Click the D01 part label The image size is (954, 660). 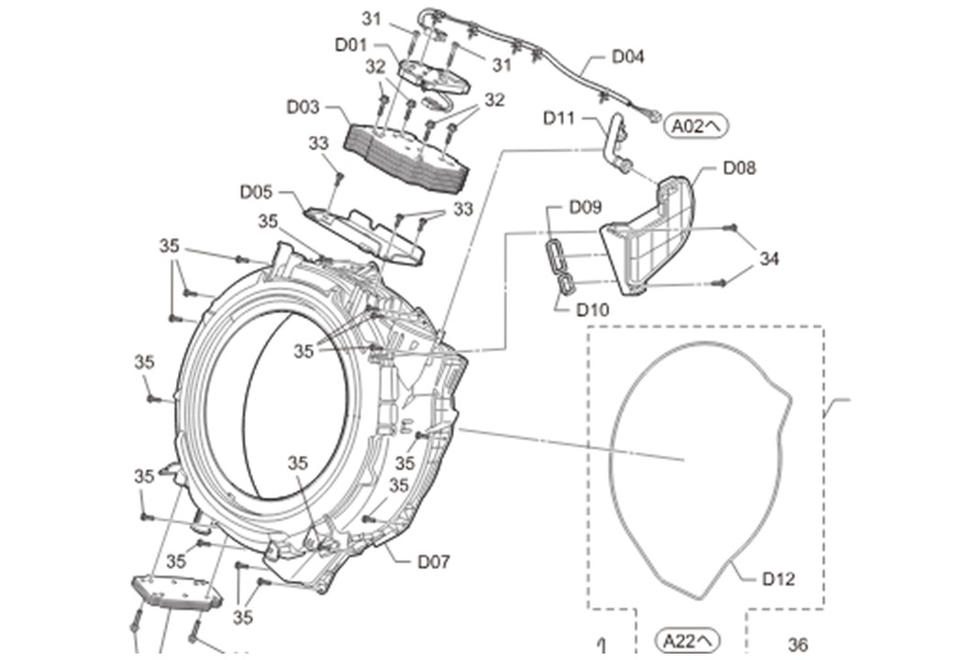click(x=351, y=45)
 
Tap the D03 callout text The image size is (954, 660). click(x=303, y=107)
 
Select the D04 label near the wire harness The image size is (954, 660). click(x=627, y=57)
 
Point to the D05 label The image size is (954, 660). click(x=256, y=192)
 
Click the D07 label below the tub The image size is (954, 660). click(x=434, y=562)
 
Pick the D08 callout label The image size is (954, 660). click(x=739, y=168)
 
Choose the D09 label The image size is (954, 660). click(x=585, y=207)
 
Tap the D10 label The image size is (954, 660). click(x=593, y=310)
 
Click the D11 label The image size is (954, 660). click(x=560, y=118)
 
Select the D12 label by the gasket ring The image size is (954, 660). click(x=779, y=578)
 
